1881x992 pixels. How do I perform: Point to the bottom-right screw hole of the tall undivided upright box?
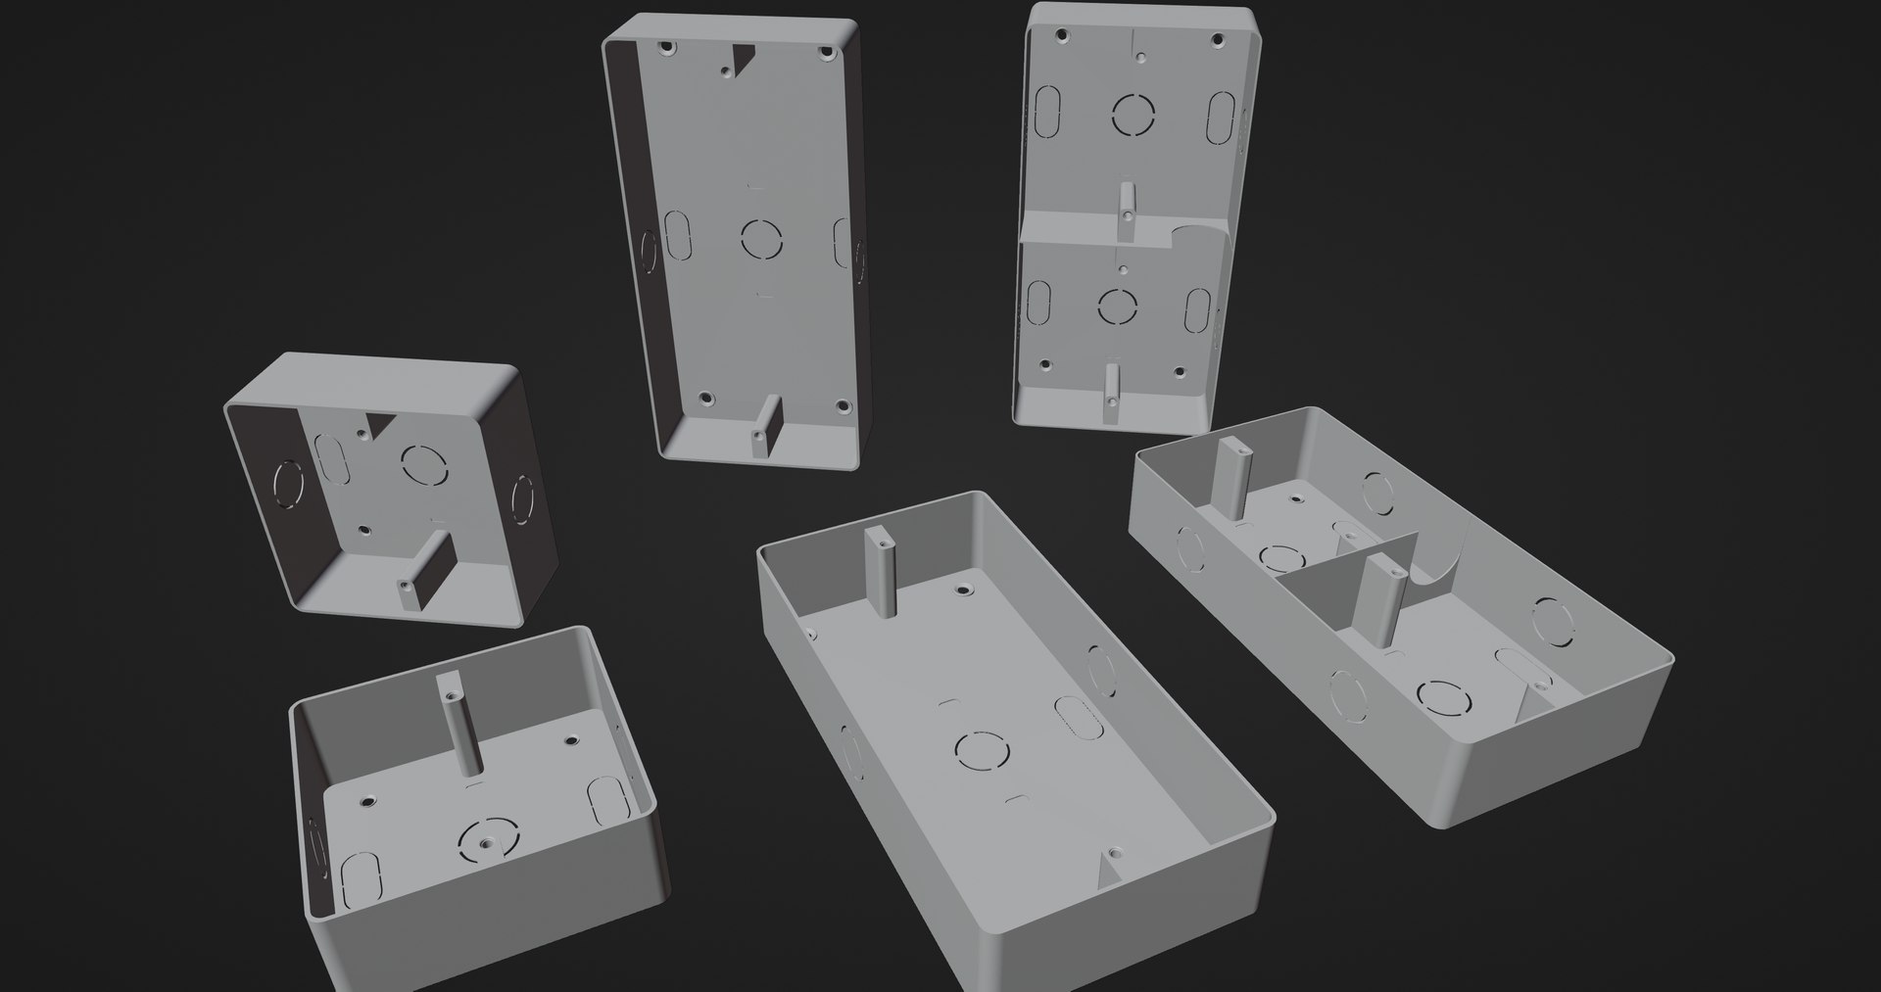(x=841, y=405)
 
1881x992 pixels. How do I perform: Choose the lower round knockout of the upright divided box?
(x=1116, y=306)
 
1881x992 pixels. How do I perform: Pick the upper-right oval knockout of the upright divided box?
(x=1221, y=117)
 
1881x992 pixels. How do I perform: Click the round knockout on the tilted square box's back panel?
(x=424, y=462)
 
